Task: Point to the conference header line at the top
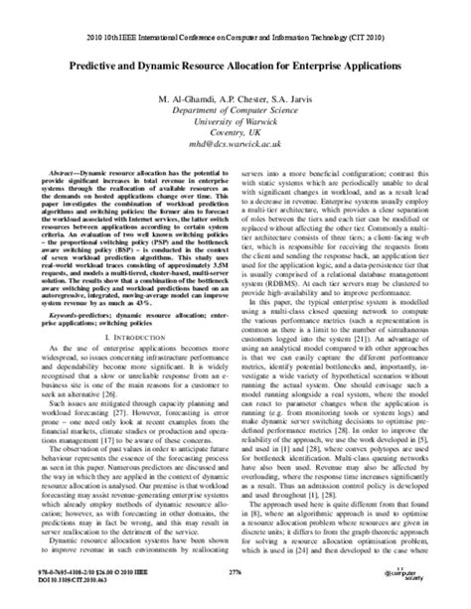point(235,13)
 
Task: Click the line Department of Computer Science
point(235,112)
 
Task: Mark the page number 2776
point(235,574)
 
